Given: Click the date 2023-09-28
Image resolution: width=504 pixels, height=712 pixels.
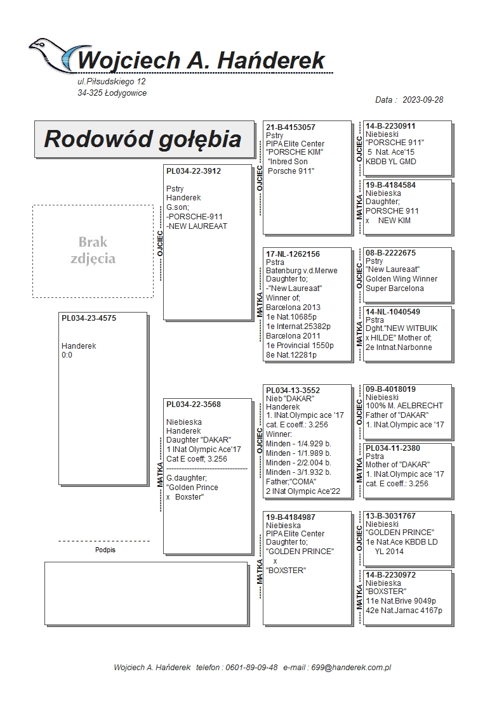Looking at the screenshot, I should coord(419,100).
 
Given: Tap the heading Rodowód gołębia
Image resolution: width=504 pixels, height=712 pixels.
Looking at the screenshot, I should coord(142,139).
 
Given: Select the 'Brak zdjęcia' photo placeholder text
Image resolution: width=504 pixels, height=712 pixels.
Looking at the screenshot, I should coord(93,250).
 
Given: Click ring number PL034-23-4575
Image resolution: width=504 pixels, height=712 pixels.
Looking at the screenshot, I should coord(89,319).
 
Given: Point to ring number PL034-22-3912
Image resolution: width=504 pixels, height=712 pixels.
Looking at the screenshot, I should coord(194,171).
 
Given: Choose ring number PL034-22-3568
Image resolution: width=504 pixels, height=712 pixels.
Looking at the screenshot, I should coord(194,405).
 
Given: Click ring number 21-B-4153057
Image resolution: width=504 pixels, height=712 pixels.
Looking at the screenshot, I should coord(291,127).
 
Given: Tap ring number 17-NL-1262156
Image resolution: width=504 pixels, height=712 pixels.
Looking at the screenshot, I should coord(293,254).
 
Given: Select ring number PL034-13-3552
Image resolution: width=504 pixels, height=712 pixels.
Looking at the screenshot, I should coord(293,391).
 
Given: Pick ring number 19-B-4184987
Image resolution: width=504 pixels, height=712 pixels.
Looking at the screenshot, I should coord(291,517).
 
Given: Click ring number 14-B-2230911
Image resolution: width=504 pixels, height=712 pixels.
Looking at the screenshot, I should coord(391,126).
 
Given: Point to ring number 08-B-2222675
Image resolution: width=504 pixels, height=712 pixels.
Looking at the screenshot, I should coord(391,253).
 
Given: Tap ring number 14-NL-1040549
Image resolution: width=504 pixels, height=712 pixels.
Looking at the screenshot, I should coord(393,312).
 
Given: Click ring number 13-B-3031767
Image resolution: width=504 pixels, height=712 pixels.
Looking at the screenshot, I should coord(391,516).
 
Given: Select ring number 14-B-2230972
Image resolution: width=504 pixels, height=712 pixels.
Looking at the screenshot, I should coord(391,575).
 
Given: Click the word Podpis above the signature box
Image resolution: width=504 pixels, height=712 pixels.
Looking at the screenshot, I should coord(105,550).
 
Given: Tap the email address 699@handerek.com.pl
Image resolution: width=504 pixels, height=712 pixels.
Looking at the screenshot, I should coord(355,668).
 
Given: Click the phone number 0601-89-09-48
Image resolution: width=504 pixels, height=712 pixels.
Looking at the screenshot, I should coord(254,668).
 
